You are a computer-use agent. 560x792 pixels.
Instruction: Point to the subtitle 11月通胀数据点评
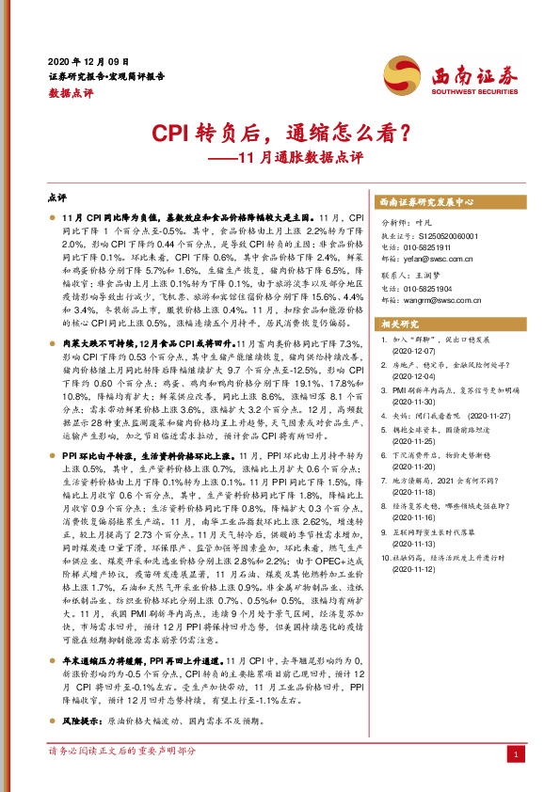[296, 157]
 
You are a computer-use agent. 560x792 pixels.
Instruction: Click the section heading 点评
[56, 199]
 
